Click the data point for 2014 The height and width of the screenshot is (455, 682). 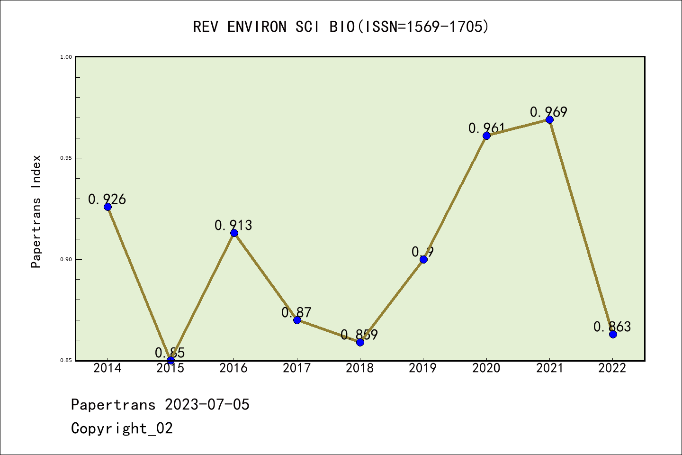(x=108, y=207)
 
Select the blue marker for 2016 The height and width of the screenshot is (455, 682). (x=234, y=233)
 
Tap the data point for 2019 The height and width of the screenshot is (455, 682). (x=423, y=259)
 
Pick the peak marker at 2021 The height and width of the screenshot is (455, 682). (x=549, y=119)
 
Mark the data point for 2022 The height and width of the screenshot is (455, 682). (x=613, y=334)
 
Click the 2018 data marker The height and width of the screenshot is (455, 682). (x=360, y=342)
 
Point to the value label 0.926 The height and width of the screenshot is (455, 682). (x=107, y=200)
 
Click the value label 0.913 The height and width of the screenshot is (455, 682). (x=233, y=225)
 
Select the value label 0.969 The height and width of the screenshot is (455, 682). (x=548, y=112)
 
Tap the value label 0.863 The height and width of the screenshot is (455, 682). (x=612, y=327)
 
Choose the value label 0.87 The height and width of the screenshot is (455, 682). (x=296, y=312)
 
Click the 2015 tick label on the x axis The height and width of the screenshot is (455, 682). (x=170, y=368)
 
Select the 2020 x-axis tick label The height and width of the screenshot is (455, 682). (x=486, y=368)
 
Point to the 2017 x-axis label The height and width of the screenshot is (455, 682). (x=297, y=368)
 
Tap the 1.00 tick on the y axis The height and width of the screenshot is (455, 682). (x=65, y=57)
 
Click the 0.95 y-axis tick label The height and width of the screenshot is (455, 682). (x=65, y=158)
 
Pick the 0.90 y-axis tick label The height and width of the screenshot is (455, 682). (x=65, y=259)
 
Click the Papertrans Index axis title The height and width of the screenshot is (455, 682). (x=36, y=211)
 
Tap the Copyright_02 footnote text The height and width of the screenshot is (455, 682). (x=122, y=428)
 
